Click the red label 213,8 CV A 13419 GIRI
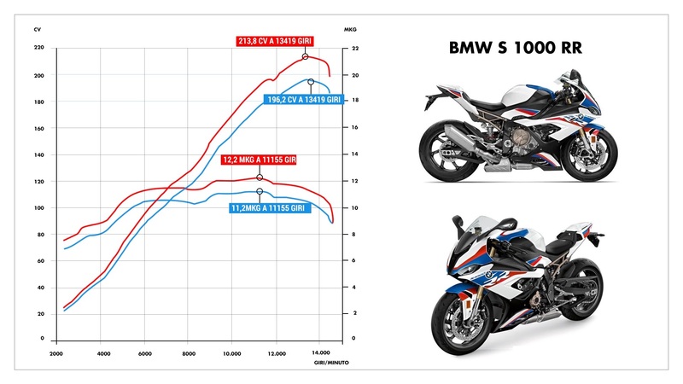[x=277, y=40]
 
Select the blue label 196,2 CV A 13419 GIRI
[x=304, y=100]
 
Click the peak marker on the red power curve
[x=305, y=56]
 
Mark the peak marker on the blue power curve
[x=311, y=82]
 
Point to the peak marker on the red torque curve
[x=260, y=177]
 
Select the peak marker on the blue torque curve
[x=260, y=191]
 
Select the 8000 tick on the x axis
[x=190, y=352]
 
